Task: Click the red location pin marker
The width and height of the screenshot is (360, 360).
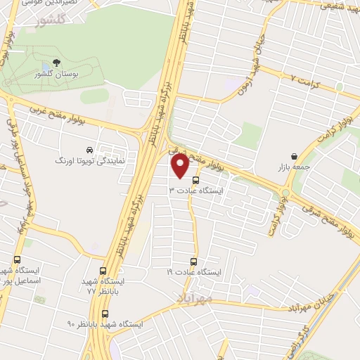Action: click(x=179, y=167)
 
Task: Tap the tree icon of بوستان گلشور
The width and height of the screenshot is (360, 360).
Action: click(x=56, y=63)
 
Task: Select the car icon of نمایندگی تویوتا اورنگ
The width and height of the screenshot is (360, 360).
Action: click(x=89, y=150)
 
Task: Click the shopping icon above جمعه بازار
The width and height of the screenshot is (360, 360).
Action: click(x=293, y=156)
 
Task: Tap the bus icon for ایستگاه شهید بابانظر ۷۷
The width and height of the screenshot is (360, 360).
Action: click(x=104, y=270)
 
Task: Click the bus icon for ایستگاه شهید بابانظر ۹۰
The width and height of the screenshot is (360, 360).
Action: click(x=105, y=314)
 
